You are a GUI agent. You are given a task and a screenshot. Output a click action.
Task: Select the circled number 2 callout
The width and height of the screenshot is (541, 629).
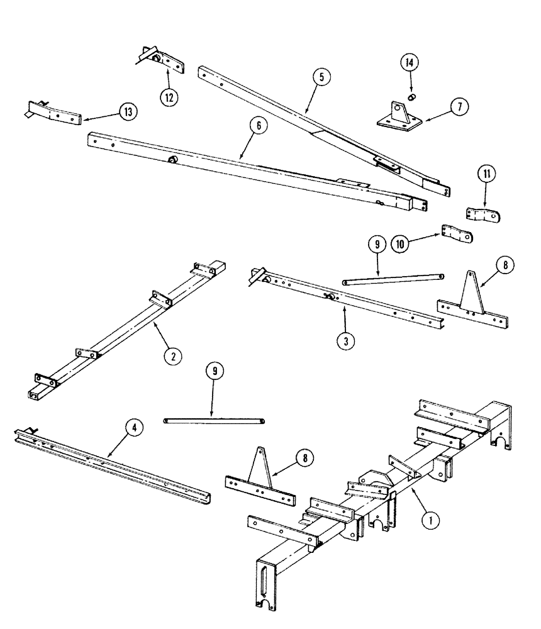point(172,356)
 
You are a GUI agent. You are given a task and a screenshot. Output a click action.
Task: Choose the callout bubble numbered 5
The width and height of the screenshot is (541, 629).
point(321,78)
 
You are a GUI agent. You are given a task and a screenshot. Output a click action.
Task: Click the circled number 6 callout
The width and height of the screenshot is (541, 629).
point(259,125)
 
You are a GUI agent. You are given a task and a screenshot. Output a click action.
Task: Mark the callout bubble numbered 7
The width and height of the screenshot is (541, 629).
point(459,108)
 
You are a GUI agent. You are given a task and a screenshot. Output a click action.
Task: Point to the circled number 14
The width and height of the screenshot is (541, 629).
point(410,64)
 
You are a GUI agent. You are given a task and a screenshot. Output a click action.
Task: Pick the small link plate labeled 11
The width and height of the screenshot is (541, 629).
point(486,215)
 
